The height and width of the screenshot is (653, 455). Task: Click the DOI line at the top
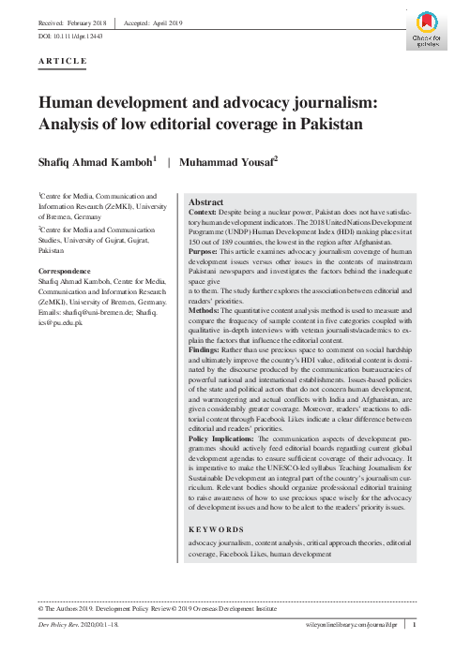[71, 32]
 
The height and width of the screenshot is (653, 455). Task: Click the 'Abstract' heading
[206, 201]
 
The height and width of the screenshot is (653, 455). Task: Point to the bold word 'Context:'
[205, 214]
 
